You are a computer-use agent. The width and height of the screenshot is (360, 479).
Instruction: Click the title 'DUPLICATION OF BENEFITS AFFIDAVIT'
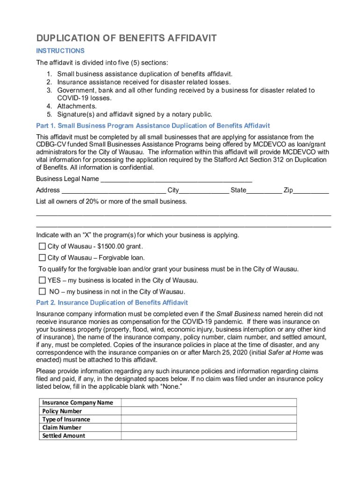[x=126, y=38]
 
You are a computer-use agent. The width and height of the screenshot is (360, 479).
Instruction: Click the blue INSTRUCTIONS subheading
[x=60, y=51]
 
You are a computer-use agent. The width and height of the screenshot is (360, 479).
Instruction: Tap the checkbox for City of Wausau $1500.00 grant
[x=42, y=247]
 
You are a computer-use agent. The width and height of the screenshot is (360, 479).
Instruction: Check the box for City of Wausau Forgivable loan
[x=42, y=258]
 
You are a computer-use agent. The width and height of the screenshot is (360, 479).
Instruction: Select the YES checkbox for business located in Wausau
[x=42, y=280]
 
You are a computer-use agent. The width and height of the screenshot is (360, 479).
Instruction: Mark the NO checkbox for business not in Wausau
[x=42, y=291]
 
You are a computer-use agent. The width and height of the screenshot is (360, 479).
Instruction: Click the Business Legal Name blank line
[x=176, y=180]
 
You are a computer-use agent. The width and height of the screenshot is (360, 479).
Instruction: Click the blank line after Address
[x=114, y=191]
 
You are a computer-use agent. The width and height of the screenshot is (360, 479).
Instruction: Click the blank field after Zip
[x=311, y=191]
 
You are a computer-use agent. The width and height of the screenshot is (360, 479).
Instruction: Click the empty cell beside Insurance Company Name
[x=209, y=403]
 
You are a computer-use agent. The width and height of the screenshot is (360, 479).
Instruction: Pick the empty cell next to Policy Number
[x=209, y=411]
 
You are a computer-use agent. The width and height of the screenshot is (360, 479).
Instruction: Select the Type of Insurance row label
[x=66, y=420]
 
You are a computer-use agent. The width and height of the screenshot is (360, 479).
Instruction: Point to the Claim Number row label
[x=62, y=428]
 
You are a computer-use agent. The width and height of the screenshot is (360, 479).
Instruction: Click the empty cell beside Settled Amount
[x=209, y=436]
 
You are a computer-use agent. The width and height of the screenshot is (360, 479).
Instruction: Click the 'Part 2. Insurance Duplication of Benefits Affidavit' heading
[x=112, y=303]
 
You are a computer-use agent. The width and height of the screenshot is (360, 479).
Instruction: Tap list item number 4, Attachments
[x=77, y=106]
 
